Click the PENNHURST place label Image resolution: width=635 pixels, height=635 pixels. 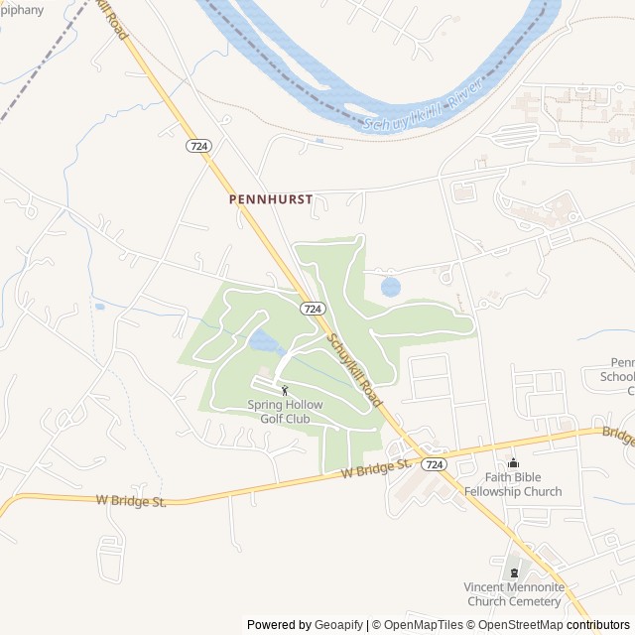pyautogui.click(x=270, y=199)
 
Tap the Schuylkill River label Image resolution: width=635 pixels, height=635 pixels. pyautogui.click(x=422, y=115)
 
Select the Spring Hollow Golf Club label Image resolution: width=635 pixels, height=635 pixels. pyautogui.click(x=286, y=412)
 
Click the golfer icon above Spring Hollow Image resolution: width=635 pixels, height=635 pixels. pyautogui.click(x=286, y=391)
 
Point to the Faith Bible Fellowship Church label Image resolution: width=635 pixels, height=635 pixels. pyautogui.click(x=513, y=484)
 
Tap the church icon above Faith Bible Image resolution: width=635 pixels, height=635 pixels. pyautogui.click(x=513, y=463)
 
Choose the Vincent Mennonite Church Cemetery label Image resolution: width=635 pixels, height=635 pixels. pyautogui.click(x=513, y=594)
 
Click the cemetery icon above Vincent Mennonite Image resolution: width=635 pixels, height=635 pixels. pyautogui.click(x=513, y=572)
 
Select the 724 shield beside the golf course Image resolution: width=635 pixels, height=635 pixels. pyautogui.click(x=313, y=309)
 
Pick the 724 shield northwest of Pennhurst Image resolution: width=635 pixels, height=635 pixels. pyautogui.click(x=198, y=146)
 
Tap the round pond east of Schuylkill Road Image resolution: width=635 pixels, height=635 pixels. pyautogui.click(x=391, y=288)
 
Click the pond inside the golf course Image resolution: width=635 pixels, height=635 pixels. pyautogui.click(x=265, y=343)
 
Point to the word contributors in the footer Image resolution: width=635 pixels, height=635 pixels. pyautogui.click(x=598, y=625)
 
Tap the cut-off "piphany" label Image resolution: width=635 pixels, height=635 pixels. pyautogui.click(x=22, y=10)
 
